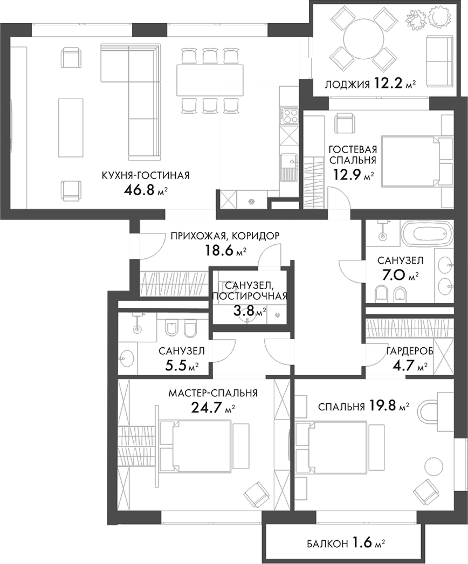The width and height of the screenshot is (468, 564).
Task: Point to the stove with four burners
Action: point(290,115)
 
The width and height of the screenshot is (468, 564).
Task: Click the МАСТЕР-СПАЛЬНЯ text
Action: point(213,393)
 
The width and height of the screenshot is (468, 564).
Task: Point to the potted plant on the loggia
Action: point(417,19)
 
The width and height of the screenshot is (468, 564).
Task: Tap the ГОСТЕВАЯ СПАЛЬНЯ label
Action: point(352,154)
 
